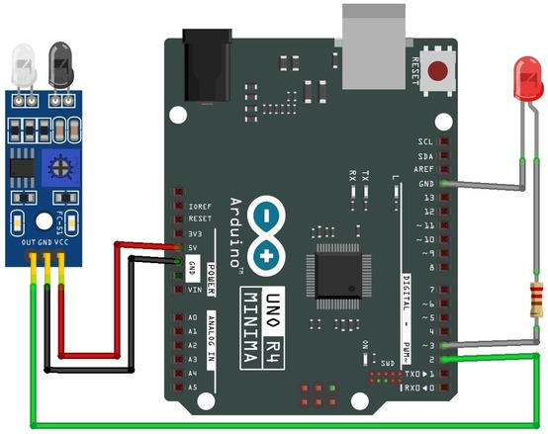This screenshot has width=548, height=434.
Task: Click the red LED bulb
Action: (523, 78)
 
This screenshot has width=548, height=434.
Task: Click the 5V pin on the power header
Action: (178, 248)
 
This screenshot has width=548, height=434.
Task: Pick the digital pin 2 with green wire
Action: (443, 360)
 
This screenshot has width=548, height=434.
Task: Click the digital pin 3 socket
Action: (443, 346)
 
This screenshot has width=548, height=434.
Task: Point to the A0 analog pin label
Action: (192, 317)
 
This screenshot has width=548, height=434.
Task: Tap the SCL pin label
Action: (425, 142)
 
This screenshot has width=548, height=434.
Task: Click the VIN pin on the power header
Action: (178, 290)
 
